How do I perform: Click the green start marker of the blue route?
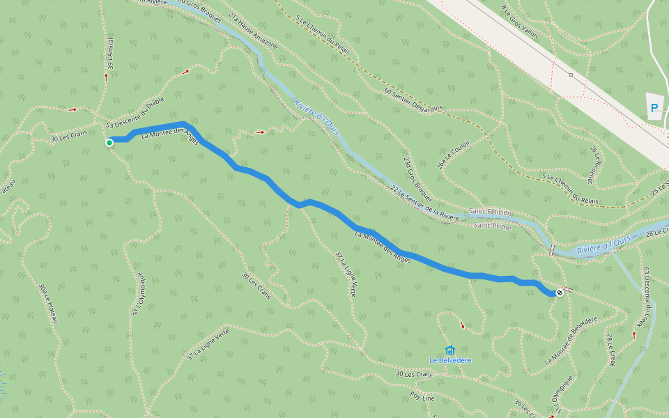[109, 143]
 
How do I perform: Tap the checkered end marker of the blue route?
[560, 293]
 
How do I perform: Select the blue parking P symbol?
[654, 108]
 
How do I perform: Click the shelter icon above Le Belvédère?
[449, 350]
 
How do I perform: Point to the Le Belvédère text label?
[450, 360]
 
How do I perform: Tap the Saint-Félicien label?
[490, 212]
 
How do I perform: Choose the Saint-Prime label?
[493, 226]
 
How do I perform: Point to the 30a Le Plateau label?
[46, 303]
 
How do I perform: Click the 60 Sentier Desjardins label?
[413, 100]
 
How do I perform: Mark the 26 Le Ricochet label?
[590, 164]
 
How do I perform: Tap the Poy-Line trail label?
[422, 398]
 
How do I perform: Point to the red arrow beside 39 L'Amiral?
[106, 77]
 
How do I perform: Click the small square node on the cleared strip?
[571, 75]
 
